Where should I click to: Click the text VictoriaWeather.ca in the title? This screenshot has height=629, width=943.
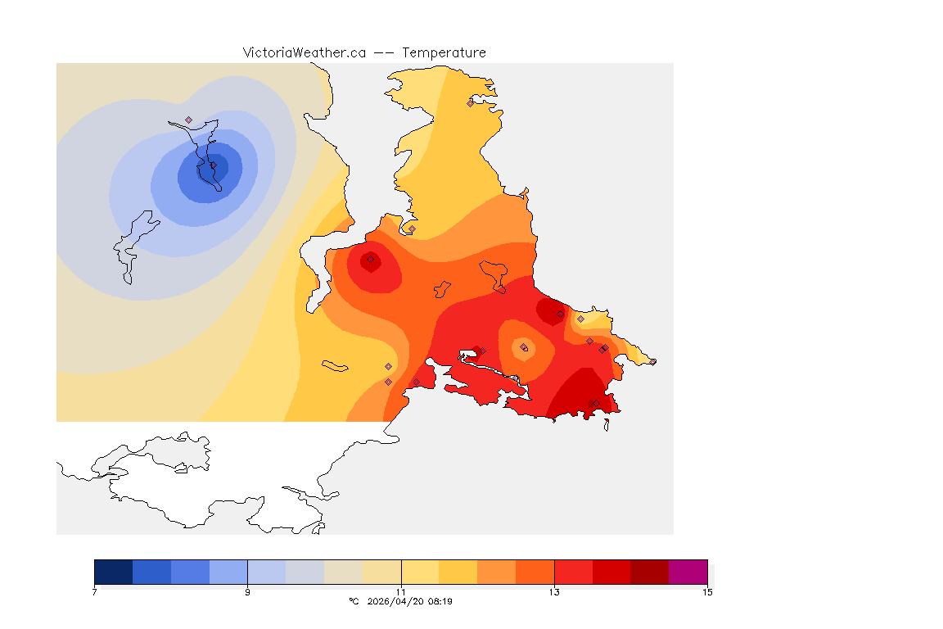[304, 52]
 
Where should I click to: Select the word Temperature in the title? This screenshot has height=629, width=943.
[444, 52]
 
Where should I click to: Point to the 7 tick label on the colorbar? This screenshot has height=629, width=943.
[94, 592]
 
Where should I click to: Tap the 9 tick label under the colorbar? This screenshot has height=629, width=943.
[247, 592]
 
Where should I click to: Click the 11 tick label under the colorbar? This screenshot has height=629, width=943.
[401, 592]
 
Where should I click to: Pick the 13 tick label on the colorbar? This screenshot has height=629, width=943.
[554, 592]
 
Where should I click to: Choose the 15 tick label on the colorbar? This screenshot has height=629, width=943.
[707, 592]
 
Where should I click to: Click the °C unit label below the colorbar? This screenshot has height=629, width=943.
[354, 602]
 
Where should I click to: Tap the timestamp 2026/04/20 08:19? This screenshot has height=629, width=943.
[411, 602]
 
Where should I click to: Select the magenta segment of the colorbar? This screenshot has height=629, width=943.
[688, 571]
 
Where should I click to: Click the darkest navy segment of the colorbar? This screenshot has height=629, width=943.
[113, 571]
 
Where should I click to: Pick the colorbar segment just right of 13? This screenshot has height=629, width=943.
[573, 571]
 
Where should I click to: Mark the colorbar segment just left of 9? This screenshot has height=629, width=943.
[228, 571]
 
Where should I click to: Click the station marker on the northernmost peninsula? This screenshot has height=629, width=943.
[470, 103]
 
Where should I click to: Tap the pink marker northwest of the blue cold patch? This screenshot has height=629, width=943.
[188, 120]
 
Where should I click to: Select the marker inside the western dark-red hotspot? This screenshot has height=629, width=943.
[370, 260]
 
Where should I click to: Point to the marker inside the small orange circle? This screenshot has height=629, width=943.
[524, 348]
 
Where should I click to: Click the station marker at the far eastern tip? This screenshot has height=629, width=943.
[652, 361]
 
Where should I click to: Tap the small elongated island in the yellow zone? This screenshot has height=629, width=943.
[335, 366]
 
